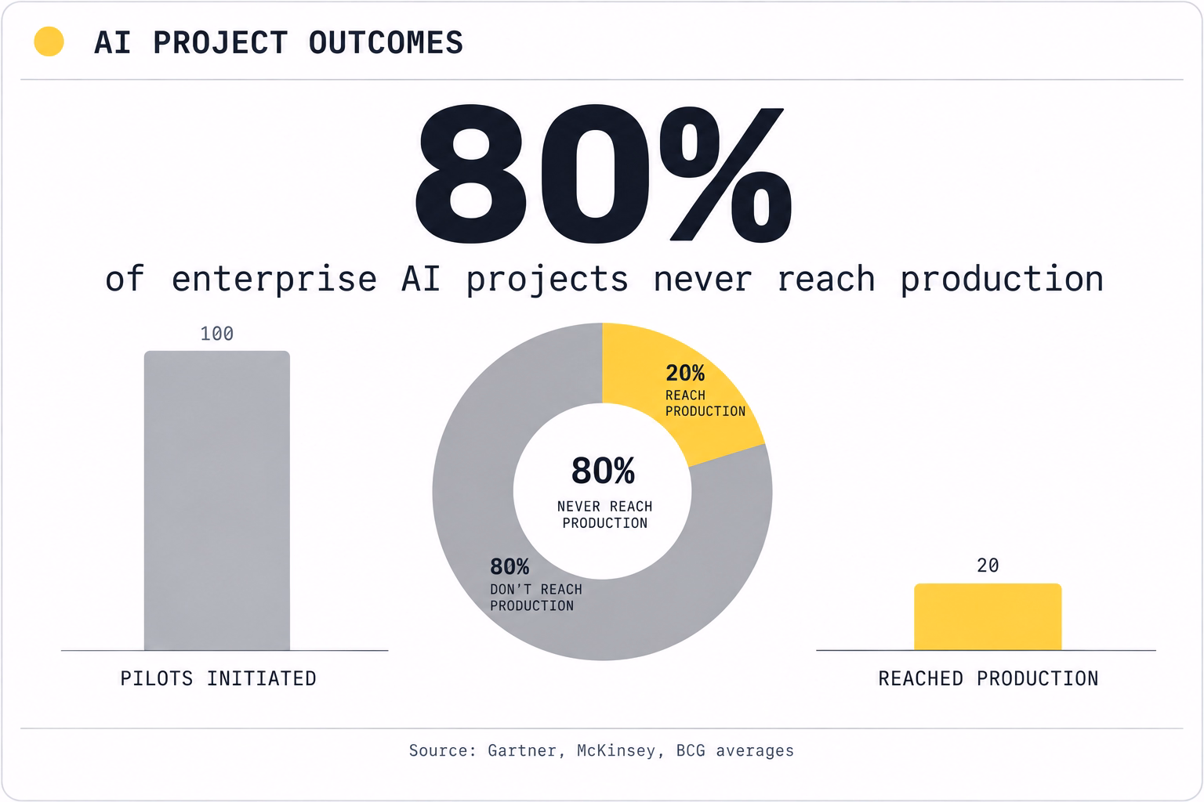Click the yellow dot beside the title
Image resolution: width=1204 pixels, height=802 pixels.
point(49,42)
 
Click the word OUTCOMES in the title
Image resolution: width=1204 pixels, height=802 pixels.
point(386,42)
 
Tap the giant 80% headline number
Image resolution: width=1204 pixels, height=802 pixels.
point(603,173)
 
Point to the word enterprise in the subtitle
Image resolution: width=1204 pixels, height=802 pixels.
point(274,280)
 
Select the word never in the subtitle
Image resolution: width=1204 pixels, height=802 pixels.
point(702,280)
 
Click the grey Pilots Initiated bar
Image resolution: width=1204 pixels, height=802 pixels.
point(217,500)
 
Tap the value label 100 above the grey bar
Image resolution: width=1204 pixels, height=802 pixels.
point(217,334)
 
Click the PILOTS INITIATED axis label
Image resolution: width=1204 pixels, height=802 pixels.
point(218,678)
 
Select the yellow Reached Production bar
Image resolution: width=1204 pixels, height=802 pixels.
point(988,616)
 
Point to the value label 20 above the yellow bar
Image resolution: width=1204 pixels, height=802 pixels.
point(988,565)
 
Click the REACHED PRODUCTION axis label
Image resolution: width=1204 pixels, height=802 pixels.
point(988,678)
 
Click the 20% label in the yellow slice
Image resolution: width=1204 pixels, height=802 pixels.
point(685,373)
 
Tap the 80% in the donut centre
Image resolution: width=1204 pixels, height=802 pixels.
point(603,471)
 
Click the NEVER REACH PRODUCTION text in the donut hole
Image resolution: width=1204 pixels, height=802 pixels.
point(604,515)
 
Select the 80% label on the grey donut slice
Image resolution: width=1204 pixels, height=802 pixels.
point(510,567)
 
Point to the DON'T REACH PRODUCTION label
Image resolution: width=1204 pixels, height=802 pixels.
point(536,598)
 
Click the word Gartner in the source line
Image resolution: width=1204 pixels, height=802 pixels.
point(521,750)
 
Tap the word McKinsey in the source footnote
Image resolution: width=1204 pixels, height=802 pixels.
point(616,750)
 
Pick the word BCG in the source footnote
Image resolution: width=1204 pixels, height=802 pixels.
point(691,750)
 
